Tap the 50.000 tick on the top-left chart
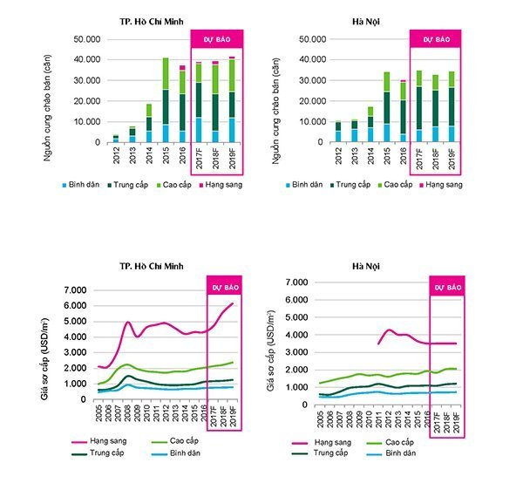click(x=88, y=39)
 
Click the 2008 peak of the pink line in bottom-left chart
click(x=128, y=323)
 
